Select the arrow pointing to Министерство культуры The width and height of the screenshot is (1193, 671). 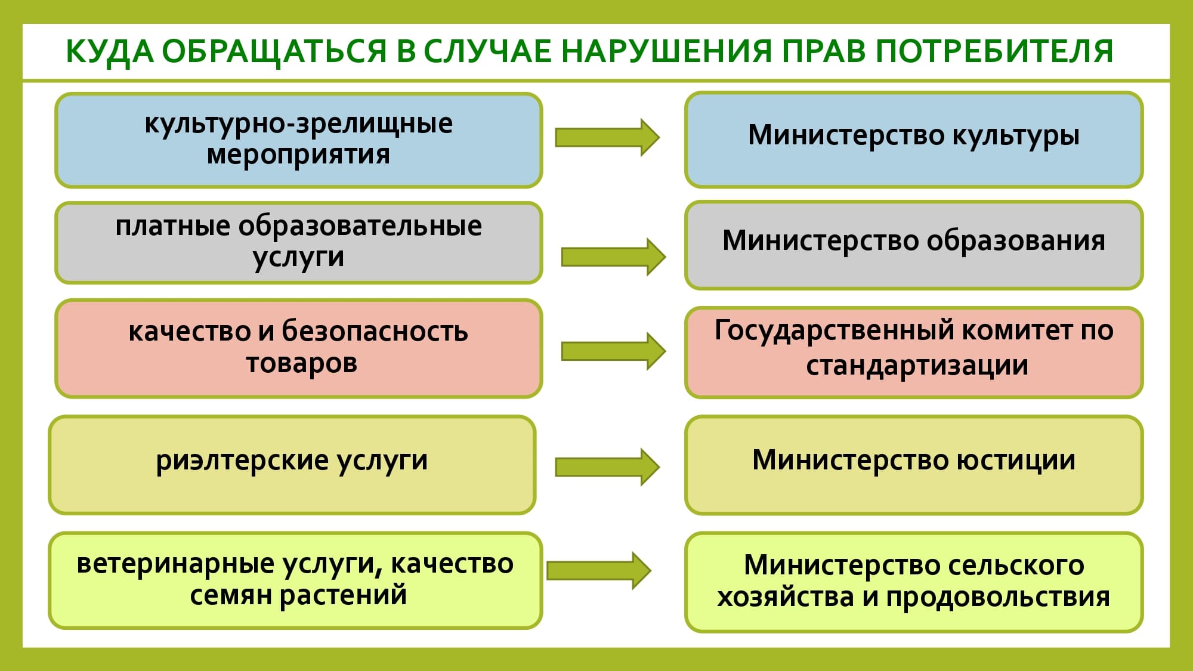(x=607, y=137)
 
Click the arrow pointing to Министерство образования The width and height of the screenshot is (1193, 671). (x=613, y=257)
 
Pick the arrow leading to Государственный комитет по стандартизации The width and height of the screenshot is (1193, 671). (x=613, y=351)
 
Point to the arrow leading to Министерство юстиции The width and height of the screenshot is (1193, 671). (x=607, y=467)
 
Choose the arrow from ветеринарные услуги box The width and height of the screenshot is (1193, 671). (x=599, y=571)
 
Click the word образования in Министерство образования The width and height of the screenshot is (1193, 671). (x=1016, y=242)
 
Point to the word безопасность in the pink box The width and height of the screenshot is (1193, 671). (x=375, y=332)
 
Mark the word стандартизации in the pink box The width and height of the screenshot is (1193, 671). (x=917, y=366)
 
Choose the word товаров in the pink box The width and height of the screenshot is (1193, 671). (x=302, y=363)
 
